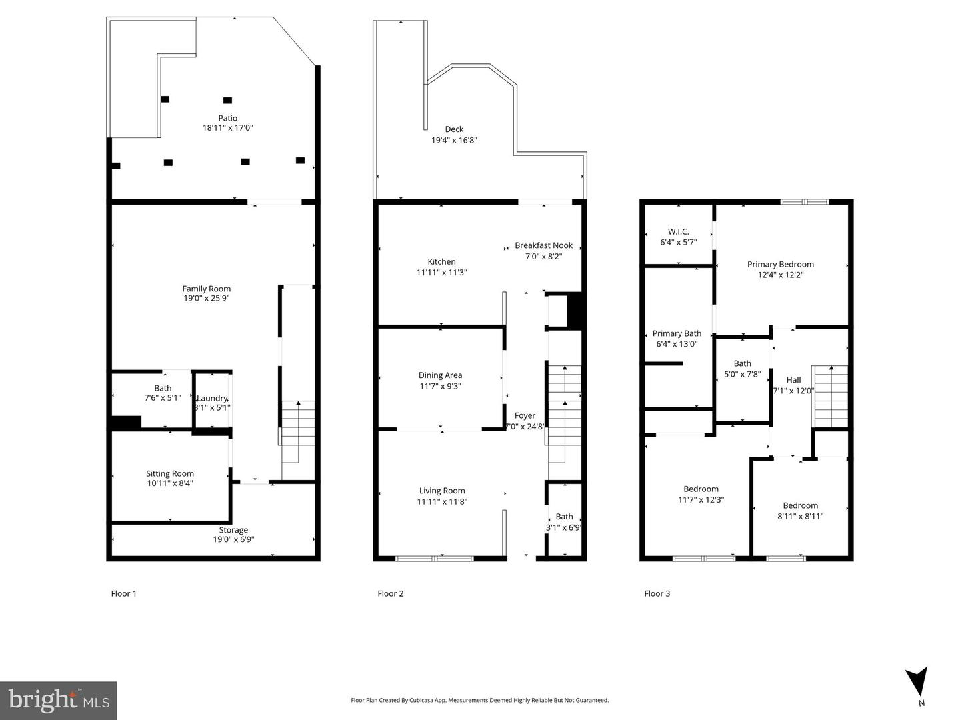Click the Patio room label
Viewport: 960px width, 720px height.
(227, 118)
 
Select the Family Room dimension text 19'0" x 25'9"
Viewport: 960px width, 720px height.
(207, 299)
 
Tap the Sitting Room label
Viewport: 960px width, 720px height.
(170, 473)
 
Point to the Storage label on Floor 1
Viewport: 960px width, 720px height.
(233, 530)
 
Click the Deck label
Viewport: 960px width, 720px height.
(454, 129)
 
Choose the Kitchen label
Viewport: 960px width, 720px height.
(441, 262)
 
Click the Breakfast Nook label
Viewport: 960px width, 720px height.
(543, 245)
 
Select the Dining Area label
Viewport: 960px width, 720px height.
(440, 375)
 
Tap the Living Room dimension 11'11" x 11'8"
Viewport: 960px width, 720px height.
(442, 501)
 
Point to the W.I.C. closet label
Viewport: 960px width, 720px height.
(678, 232)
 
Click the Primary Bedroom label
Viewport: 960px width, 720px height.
(780, 264)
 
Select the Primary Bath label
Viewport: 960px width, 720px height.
(677, 333)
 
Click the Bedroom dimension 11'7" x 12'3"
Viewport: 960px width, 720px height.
(701, 499)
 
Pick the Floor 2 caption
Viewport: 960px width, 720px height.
(390, 593)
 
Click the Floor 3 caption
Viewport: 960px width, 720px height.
(657, 593)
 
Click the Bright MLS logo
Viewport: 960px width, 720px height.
(59, 700)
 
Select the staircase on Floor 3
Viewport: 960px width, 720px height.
(829, 396)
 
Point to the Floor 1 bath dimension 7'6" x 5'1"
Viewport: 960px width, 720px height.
(163, 398)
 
